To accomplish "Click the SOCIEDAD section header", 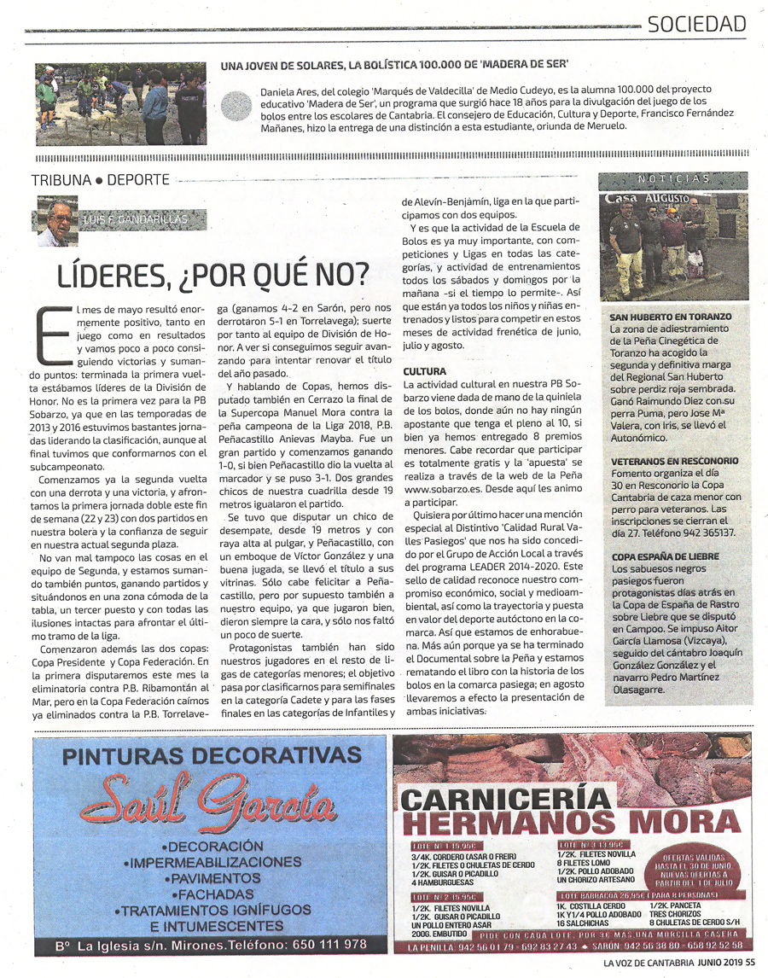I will [696, 23].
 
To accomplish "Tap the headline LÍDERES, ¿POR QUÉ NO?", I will [213, 275].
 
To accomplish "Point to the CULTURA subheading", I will [424, 372].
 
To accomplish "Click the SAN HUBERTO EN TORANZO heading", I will [671, 317].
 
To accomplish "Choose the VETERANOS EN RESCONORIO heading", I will [675, 461].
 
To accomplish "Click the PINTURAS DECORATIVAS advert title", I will [212, 756].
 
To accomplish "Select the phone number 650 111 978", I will [317, 945].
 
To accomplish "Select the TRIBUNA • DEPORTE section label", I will [100, 180].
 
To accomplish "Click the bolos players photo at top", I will [120, 103].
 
